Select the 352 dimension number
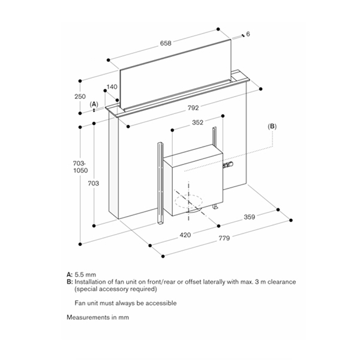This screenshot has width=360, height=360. pyautogui.click(x=197, y=122)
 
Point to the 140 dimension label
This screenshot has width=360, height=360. pyautogui.click(x=111, y=87)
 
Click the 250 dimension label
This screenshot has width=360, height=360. pyautogui.click(x=80, y=97)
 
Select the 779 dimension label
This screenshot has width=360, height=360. pyautogui.click(x=225, y=239)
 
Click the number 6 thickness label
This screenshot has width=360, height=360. pyautogui.click(x=248, y=34)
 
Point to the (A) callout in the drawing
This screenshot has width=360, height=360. pyautogui.click(x=94, y=104)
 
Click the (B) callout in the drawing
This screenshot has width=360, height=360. pyautogui.click(x=272, y=127)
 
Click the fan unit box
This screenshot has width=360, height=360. pyautogui.click(x=192, y=180)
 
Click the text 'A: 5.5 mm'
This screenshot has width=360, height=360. pyautogui.click(x=81, y=274)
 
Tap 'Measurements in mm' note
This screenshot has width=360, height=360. pyautogui.click(x=98, y=317)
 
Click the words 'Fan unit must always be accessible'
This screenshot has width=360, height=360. pyautogui.click(x=125, y=303)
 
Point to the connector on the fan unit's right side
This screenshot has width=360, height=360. pyautogui.click(x=227, y=164)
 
